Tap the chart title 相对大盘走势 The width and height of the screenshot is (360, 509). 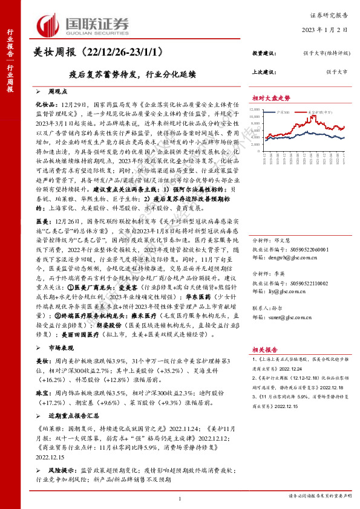pyautogui.click(x=271, y=98)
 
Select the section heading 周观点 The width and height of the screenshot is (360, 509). pyautogui.click(x=59, y=91)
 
